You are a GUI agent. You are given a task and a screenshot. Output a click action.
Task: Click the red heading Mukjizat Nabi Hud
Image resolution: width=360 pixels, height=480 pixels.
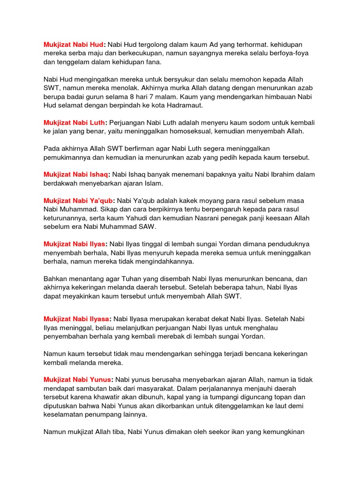click(x=74, y=44)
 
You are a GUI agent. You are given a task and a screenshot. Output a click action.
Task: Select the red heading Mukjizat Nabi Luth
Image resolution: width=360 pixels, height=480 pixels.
click(x=75, y=123)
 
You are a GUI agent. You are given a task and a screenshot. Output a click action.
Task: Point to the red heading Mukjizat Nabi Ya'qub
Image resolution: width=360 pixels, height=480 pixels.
click(x=79, y=201)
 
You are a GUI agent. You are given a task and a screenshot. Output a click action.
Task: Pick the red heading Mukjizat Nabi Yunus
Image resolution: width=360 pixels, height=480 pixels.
click(x=78, y=380)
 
